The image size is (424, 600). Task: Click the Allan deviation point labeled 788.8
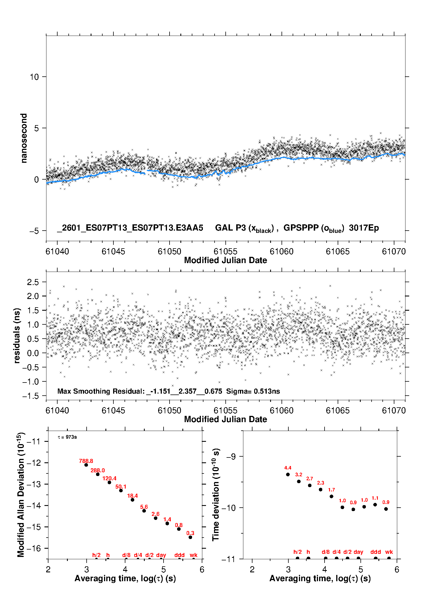coord(86,465)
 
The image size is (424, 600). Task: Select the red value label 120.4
coord(109,478)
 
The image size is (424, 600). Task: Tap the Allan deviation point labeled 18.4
coord(132,500)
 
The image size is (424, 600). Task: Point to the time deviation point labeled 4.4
coord(288,474)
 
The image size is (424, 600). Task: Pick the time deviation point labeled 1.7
coord(331,496)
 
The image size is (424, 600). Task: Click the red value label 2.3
coord(321,483)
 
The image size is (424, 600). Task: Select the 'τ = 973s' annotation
coord(67,437)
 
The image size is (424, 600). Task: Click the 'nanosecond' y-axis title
coord(24,138)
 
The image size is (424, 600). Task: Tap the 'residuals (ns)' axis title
coord(17,335)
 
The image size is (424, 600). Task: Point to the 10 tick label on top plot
coord(34,77)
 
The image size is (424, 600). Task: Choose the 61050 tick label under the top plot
coord(169,251)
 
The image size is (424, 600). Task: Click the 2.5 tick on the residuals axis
coord(33,282)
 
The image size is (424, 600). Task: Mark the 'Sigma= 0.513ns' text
coord(253,391)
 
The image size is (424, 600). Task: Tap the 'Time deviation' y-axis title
coord(216,495)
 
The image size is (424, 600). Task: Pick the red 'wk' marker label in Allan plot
coord(193,555)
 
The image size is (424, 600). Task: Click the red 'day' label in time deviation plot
coord(358,552)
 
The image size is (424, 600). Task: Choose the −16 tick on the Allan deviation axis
coord(33,548)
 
